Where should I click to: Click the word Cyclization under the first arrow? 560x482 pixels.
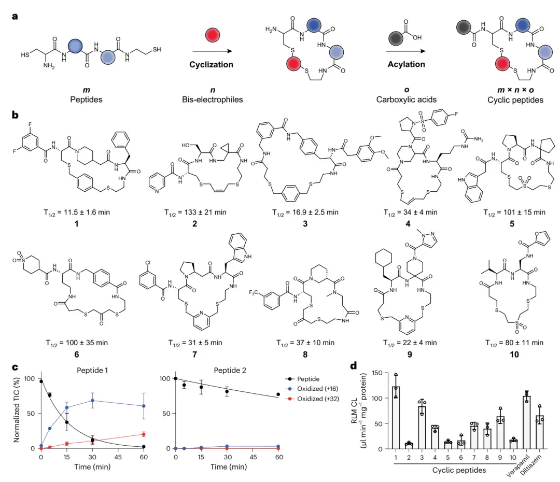pyautogui.click(x=211, y=65)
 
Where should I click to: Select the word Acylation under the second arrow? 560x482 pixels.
pyautogui.click(x=407, y=64)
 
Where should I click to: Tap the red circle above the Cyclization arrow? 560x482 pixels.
pyautogui.click(x=213, y=35)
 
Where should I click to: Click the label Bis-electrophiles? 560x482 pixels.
pyautogui.click(x=213, y=100)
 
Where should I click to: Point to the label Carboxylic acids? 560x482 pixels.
pyautogui.click(x=407, y=100)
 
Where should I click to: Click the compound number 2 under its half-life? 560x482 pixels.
pyautogui.click(x=194, y=224)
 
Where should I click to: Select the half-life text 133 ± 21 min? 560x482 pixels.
pyautogui.click(x=205, y=212)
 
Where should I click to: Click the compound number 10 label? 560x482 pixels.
pyautogui.click(x=514, y=355)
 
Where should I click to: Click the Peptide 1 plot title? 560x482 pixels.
pyautogui.click(x=92, y=370)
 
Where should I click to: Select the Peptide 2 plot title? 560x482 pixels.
pyautogui.click(x=230, y=370)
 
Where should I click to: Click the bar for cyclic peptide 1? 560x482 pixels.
pyautogui.click(x=396, y=417)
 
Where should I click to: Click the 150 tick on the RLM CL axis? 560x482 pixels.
pyautogui.click(x=377, y=373)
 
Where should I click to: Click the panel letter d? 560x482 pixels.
pyautogui.click(x=354, y=366)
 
